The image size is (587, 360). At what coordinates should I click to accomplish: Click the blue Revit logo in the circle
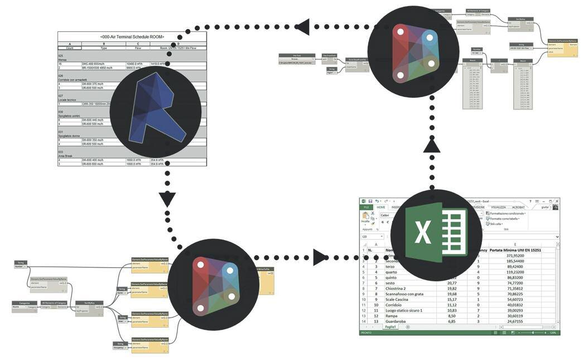[156, 111]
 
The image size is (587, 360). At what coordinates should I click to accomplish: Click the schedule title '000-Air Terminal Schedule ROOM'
[132, 36]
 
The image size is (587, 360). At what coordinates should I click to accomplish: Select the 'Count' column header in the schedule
[70, 48]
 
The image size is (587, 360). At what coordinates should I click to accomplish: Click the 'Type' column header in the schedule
[104, 48]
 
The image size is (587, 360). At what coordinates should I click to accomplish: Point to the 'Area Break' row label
[66, 156]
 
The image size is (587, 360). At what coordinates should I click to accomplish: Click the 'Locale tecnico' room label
[68, 99]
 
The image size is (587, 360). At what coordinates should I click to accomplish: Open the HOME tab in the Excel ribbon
[381, 207]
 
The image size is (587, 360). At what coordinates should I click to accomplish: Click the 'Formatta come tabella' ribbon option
[504, 218]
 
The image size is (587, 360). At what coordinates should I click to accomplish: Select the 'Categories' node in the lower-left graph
[25, 305]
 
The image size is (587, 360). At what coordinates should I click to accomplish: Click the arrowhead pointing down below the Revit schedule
[167, 199]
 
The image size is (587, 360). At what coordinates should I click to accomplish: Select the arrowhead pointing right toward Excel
[320, 257]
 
